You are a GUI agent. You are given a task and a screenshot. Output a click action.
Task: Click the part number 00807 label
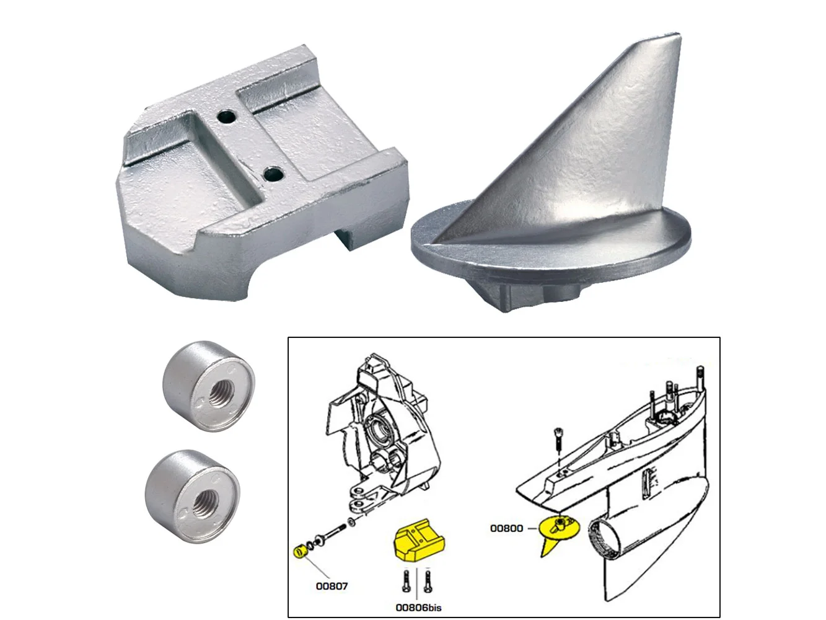(x=332, y=586)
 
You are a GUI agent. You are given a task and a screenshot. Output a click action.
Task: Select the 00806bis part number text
(x=418, y=608)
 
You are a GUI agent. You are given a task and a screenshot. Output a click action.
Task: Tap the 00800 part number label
(x=506, y=528)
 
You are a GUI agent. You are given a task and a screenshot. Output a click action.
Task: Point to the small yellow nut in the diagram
(x=299, y=551)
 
